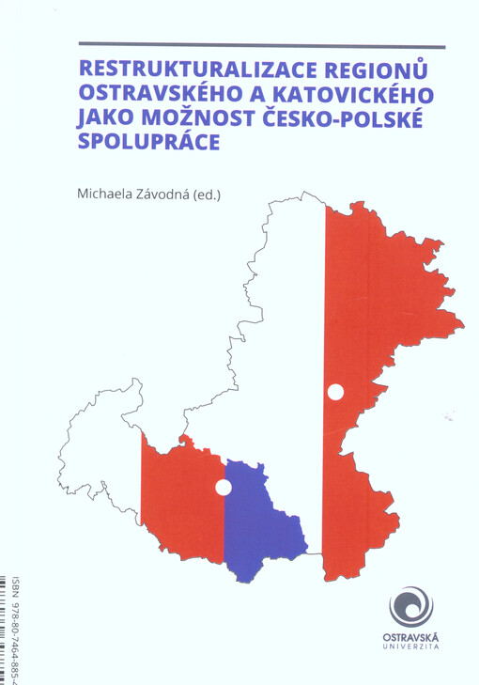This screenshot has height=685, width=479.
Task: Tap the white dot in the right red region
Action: tap(334, 392)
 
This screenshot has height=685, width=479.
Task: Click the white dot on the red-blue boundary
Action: tap(224, 487)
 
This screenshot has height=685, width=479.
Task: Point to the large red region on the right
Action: tap(376, 310)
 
